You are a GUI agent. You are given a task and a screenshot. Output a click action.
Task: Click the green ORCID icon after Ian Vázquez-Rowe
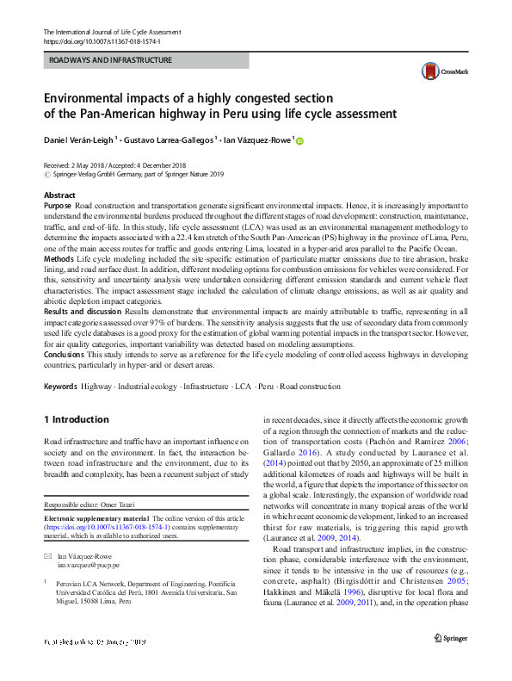(x=300, y=140)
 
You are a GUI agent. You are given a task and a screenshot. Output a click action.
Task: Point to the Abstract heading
(x=59, y=196)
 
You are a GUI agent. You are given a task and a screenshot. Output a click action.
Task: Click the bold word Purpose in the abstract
(x=58, y=207)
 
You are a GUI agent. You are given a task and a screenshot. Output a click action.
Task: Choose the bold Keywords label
(x=60, y=387)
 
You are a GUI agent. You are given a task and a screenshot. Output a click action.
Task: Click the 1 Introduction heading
(x=77, y=420)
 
